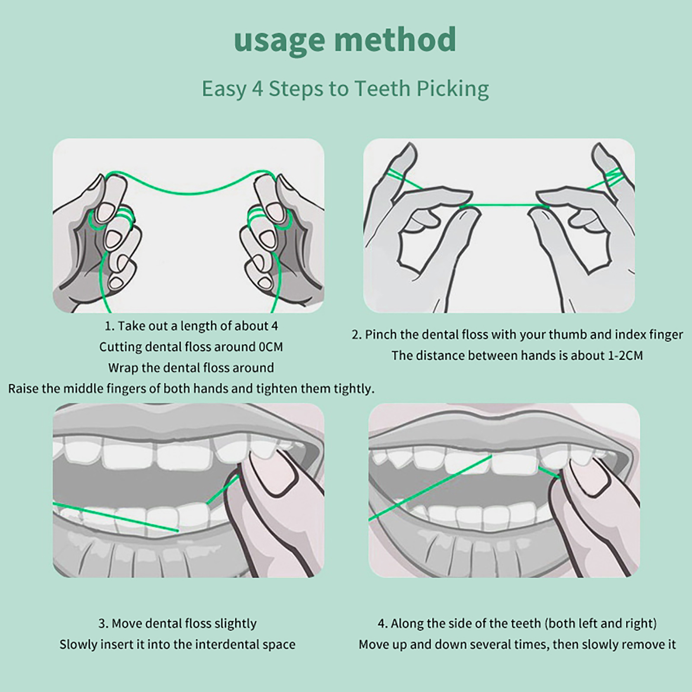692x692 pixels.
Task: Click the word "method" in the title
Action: pyautogui.click(x=395, y=39)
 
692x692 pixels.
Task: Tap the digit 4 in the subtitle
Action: pyautogui.click(x=257, y=88)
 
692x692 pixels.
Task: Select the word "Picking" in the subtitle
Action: pyautogui.click(x=452, y=89)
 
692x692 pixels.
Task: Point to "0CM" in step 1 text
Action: pyautogui.click(x=270, y=347)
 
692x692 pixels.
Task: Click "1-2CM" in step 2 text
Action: pyautogui.click(x=625, y=356)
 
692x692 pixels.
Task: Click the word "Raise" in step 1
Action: pyautogui.click(x=22, y=388)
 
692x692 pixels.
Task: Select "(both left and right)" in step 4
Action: pyautogui.click(x=601, y=624)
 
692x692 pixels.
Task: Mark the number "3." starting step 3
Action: pyautogui.click(x=103, y=624)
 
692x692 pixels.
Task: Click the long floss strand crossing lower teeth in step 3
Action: pyautogui.click(x=115, y=517)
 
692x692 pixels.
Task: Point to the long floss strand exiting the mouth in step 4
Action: pyautogui.click(x=430, y=487)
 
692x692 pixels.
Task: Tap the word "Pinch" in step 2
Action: pyautogui.click(x=381, y=334)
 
